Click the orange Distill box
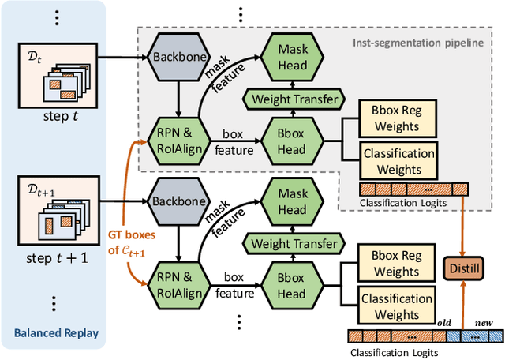tap(462, 268)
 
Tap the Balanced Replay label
tap(56, 333)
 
